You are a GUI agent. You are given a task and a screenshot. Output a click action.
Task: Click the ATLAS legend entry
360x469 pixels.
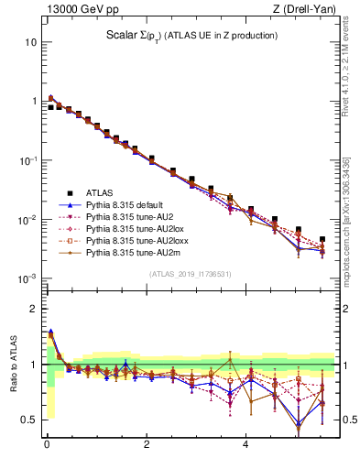coord(102,192)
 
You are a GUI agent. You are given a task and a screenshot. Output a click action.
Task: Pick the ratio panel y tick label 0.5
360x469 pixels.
coord(27,420)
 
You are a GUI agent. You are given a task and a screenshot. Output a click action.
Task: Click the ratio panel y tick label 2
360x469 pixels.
coord(32,309)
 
